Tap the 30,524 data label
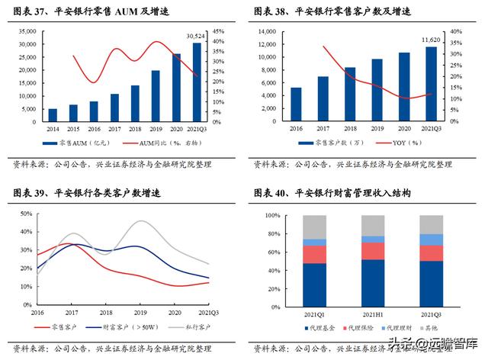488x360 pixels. click(x=196, y=36)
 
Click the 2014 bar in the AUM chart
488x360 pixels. click(x=53, y=115)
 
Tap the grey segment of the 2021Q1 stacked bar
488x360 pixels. click(x=314, y=227)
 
